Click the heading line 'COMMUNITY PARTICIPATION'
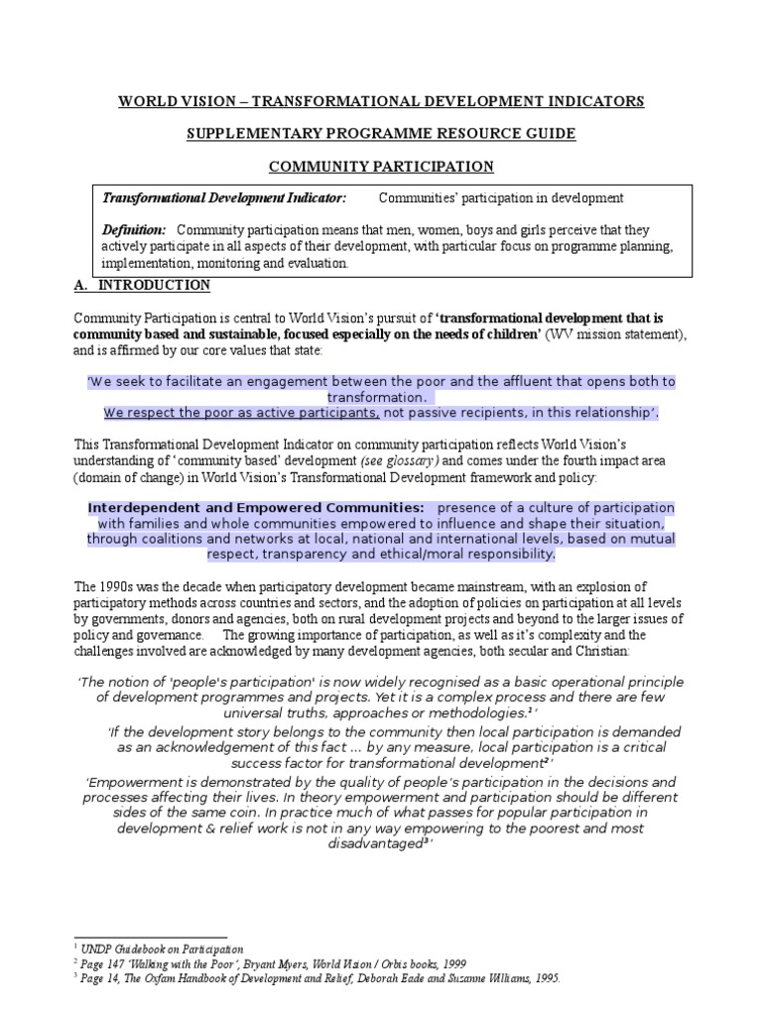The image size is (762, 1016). [382, 166]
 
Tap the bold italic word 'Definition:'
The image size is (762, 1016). [133, 230]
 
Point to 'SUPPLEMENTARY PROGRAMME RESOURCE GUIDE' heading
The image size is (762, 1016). [382, 134]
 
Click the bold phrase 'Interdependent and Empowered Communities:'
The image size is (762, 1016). [256, 507]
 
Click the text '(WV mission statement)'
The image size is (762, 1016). [615, 334]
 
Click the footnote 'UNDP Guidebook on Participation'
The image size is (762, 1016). [165, 950]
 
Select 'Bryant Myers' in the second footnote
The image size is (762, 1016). [321, 963]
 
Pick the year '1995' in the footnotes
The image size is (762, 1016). [544, 977]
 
